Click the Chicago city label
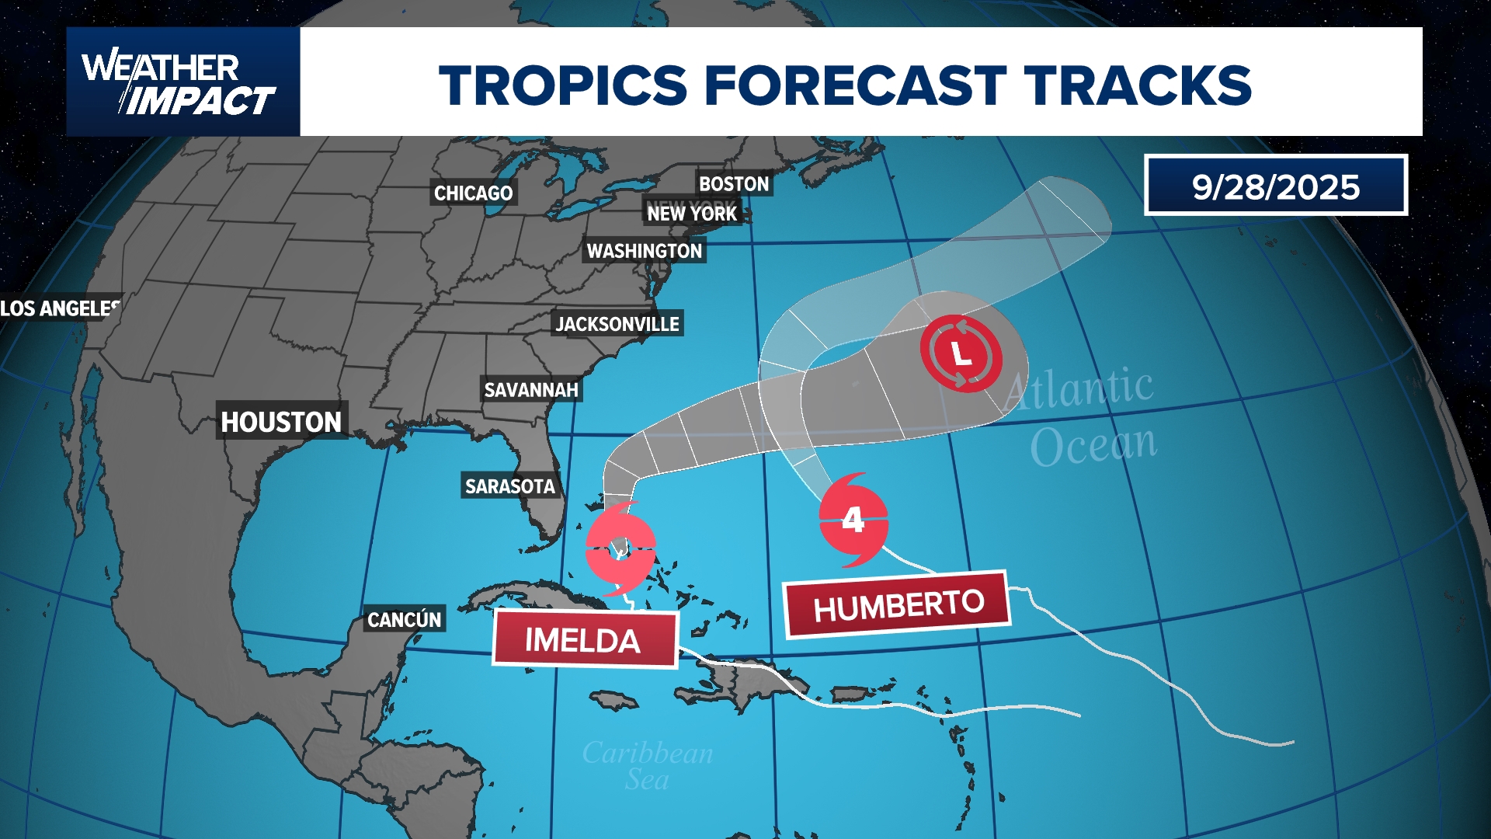tap(473, 193)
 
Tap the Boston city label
tap(734, 184)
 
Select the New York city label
tap(692, 214)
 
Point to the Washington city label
tap(644, 251)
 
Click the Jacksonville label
tap(617, 324)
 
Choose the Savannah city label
tap(531, 390)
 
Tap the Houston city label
tap(281, 422)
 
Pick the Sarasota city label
tap(509, 486)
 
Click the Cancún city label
tap(404, 619)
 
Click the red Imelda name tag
tap(583, 640)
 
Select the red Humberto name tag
tap(898, 605)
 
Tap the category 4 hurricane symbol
tap(853, 520)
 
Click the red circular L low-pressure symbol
tap(961, 354)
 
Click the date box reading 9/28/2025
tap(1276, 186)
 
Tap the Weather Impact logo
tap(182, 82)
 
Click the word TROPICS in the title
tap(563, 85)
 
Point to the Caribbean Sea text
tap(648, 766)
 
